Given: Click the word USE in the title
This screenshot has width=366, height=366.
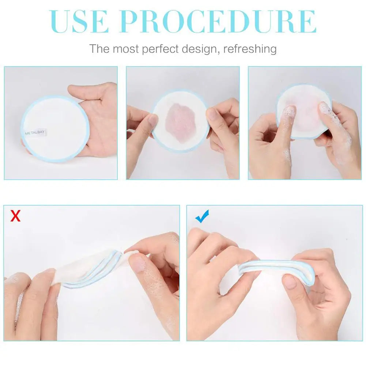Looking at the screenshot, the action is tap(79, 22).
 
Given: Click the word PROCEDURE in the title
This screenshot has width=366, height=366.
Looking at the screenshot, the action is tap(219, 22).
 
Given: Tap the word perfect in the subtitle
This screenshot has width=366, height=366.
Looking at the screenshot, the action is tap(161, 49).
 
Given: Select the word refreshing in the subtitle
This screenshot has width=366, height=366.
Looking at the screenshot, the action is tap(250, 49).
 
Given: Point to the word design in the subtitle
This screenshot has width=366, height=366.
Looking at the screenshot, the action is tap(200, 49).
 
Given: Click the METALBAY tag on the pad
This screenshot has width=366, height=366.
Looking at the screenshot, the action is tap(35, 133).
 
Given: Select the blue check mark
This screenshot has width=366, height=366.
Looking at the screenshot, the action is tap(202, 216).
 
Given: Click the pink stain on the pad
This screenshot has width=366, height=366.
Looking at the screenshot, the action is tap(180, 123).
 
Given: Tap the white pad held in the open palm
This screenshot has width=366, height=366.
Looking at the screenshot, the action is tap(55, 129).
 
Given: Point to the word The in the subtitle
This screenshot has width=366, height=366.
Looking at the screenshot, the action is tap(99, 49).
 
